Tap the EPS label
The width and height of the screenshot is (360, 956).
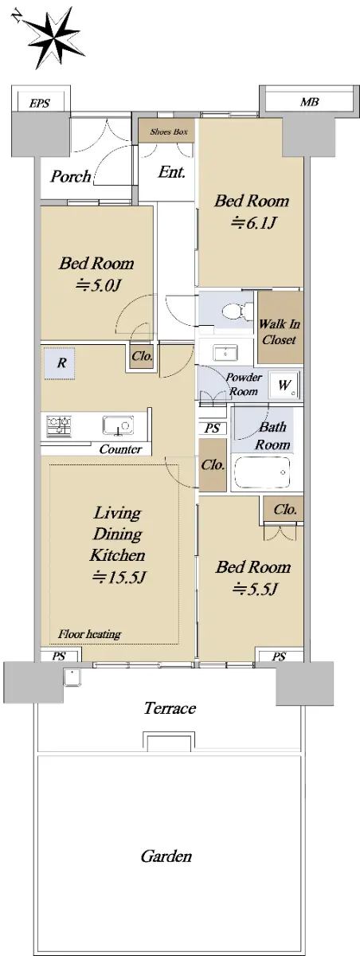[x=40, y=104]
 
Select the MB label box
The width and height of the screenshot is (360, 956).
[x=309, y=102]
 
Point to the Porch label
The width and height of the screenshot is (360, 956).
[x=71, y=176]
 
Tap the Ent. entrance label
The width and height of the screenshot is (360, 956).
[x=171, y=172]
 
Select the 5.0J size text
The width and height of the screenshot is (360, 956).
[x=97, y=285]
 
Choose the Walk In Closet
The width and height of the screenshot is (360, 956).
[x=280, y=327]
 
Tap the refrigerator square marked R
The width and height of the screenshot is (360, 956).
[x=61, y=363]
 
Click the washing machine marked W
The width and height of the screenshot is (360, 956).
[x=284, y=385]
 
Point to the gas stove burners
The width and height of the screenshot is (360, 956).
[x=59, y=426]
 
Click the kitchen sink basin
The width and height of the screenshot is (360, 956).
[x=118, y=426]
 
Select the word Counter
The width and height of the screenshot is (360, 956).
[x=120, y=449]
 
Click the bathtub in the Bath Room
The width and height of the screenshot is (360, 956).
[x=262, y=472]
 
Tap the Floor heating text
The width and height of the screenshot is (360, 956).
[x=89, y=634]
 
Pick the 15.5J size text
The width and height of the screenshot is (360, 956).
[x=119, y=578]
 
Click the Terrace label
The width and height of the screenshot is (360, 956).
[x=170, y=708]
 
